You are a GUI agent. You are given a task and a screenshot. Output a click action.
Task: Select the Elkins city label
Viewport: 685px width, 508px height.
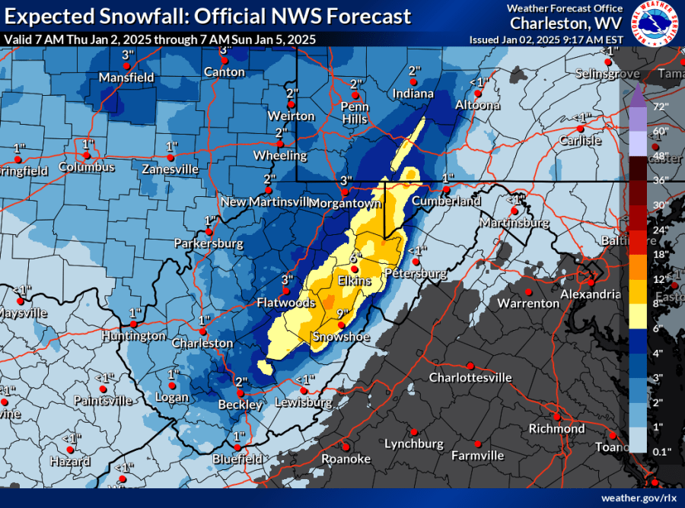[354, 281]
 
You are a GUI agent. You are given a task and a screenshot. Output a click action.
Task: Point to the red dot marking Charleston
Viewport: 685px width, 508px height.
[202, 332]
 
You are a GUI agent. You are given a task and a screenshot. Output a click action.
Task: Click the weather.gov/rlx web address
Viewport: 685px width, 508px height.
[638, 497]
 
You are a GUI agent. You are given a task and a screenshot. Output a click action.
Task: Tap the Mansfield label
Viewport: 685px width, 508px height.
[126, 78]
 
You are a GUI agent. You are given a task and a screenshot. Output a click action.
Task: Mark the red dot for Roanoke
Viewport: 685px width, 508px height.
[345, 446]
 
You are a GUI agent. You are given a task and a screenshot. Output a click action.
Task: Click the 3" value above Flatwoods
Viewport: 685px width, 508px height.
[287, 279]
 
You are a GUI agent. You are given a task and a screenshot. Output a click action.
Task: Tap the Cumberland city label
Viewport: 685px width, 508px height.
[447, 202]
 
